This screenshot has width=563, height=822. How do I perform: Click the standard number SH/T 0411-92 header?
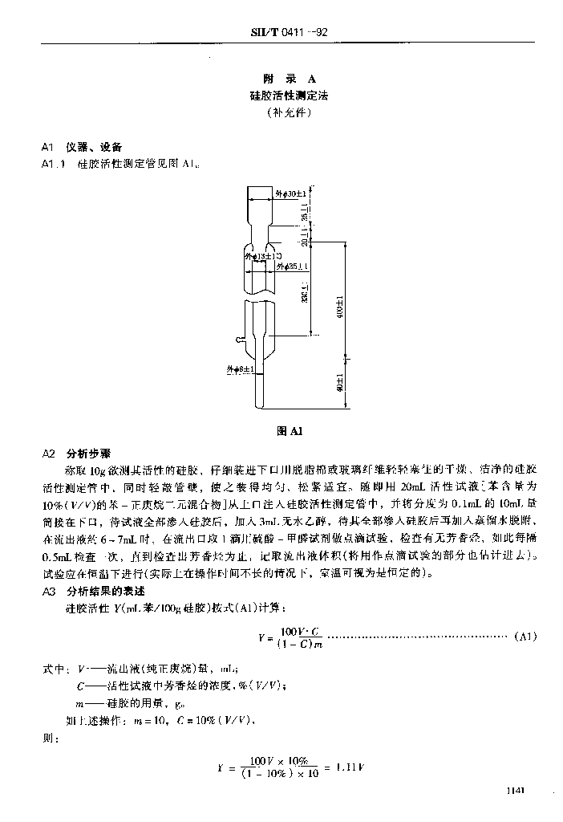291,33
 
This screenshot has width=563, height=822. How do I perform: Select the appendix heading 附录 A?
290,79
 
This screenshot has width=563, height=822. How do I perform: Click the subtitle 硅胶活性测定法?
290,96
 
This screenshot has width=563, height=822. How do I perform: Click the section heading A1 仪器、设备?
83,147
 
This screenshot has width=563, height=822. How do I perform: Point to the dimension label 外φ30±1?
290,193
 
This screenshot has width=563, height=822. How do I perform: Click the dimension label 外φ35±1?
291,266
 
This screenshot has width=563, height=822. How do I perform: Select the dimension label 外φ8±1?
240,370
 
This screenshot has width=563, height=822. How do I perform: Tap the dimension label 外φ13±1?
257,257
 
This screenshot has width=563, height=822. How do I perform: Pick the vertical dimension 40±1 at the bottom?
340,385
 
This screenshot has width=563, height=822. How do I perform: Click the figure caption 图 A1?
289,431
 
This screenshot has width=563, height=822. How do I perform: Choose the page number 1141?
515,791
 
